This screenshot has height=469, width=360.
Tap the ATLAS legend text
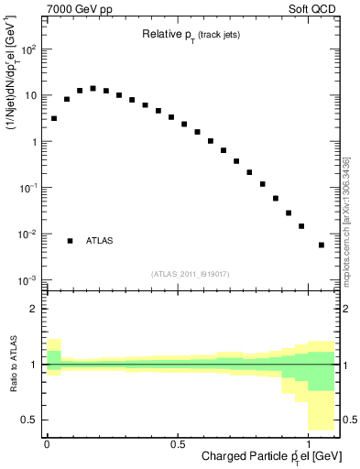(x=100, y=241)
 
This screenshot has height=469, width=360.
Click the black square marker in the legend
(x=70, y=241)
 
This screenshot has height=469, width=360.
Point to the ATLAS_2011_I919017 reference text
(x=190, y=273)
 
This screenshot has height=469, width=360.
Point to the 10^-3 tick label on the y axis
(x=27, y=279)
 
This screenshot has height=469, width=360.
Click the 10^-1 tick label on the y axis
(x=27, y=188)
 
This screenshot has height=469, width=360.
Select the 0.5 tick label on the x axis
(x=177, y=443)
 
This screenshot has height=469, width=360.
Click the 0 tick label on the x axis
(x=47, y=443)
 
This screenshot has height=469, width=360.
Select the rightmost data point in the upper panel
(x=321, y=245)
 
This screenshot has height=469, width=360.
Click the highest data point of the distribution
(x=93, y=89)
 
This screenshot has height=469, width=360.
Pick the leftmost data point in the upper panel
(x=53, y=118)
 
